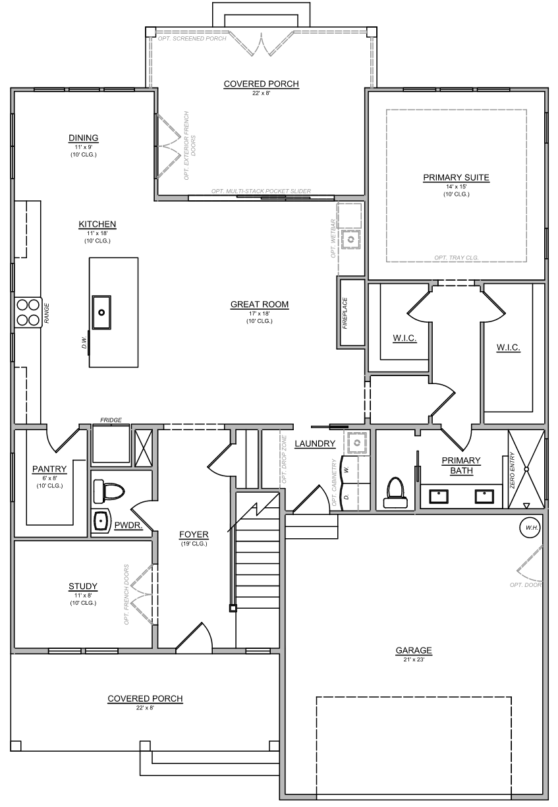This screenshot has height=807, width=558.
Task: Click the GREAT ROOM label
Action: (x=260, y=304)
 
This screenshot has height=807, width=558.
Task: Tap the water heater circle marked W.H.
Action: (x=530, y=528)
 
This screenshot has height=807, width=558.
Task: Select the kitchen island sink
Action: (x=101, y=312)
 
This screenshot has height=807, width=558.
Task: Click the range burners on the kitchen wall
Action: (x=28, y=312)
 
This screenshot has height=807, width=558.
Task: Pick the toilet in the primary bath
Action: (x=395, y=491)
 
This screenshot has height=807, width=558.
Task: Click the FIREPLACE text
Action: (x=345, y=313)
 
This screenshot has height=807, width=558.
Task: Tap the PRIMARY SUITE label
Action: (x=456, y=178)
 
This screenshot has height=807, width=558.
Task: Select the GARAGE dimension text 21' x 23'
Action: (x=414, y=659)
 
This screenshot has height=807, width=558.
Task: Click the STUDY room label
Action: (x=83, y=586)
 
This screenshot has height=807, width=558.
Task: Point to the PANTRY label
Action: (x=49, y=468)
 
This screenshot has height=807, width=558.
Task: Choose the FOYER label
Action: (x=194, y=535)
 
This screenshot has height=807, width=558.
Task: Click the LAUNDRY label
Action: (x=315, y=443)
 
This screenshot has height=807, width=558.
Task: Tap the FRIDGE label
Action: (x=111, y=420)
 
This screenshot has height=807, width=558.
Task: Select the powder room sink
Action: (x=101, y=520)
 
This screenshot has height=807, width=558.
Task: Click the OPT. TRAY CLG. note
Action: (x=457, y=258)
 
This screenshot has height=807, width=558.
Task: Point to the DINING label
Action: (x=83, y=138)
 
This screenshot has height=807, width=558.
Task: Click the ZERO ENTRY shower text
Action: (x=513, y=470)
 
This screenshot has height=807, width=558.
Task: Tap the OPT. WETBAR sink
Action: (x=350, y=239)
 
